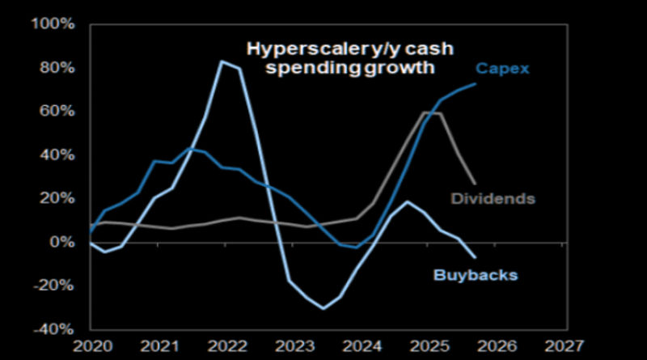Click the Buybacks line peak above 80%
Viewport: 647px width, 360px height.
pos(222,61)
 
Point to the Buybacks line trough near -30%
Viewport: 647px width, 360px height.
pos(323,308)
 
